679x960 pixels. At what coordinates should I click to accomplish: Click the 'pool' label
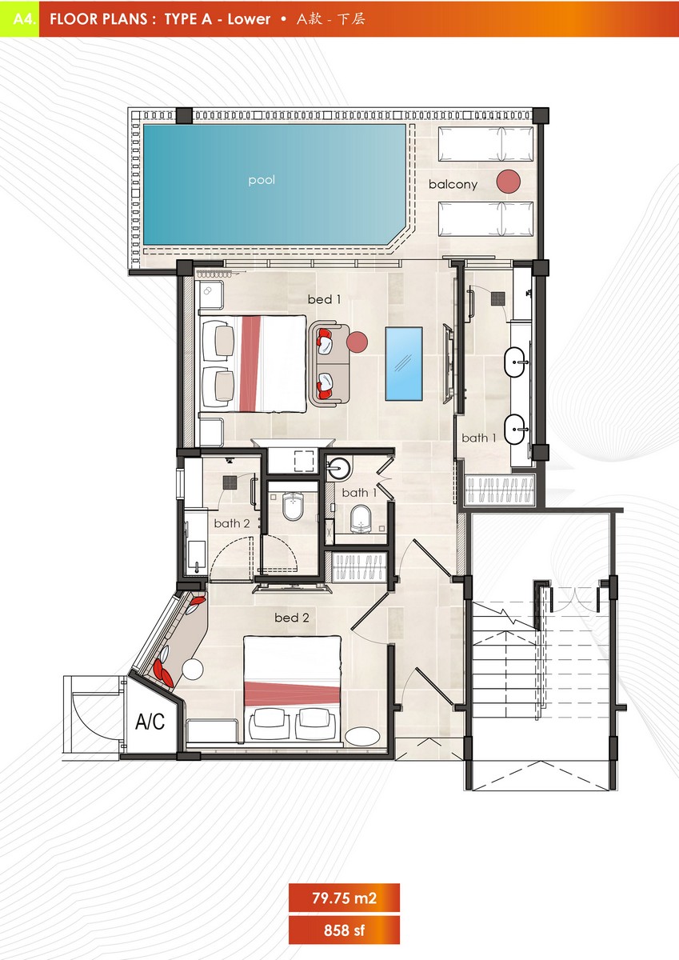click(x=262, y=180)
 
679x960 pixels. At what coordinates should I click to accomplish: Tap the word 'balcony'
click(x=453, y=184)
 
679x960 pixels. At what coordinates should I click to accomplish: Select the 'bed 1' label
click(x=324, y=299)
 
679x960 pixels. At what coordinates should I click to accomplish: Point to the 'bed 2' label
click(x=292, y=618)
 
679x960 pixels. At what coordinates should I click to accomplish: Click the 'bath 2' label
click(x=232, y=523)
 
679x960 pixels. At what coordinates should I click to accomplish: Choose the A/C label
click(x=150, y=722)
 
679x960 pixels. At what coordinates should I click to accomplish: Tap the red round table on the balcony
click(x=509, y=182)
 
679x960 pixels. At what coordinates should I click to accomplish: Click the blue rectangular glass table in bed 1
click(x=404, y=364)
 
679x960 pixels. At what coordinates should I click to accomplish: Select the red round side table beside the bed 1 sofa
click(x=357, y=342)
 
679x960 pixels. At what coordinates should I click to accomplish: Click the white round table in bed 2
click(x=193, y=669)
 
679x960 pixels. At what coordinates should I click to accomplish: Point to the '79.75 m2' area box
click(x=344, y=898)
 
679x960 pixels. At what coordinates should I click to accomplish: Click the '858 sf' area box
click(x=344, y=930)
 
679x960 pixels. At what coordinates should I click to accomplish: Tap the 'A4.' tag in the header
click(x=25, y=19)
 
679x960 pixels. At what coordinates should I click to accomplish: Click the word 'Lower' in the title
click(x=249, y=19)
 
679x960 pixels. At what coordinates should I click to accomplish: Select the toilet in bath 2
click(x=293, y=506)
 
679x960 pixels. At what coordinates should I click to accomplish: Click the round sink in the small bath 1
click(x=339, y=469)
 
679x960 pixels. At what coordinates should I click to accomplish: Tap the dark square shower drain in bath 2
click(x=230, y=482)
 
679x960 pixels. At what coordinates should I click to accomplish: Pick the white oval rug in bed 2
click(x=362, y=736)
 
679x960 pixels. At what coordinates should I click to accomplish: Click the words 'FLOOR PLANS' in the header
click(x=98, y=19)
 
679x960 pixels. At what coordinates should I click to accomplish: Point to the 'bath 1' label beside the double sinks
click(x=479, y=438)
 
